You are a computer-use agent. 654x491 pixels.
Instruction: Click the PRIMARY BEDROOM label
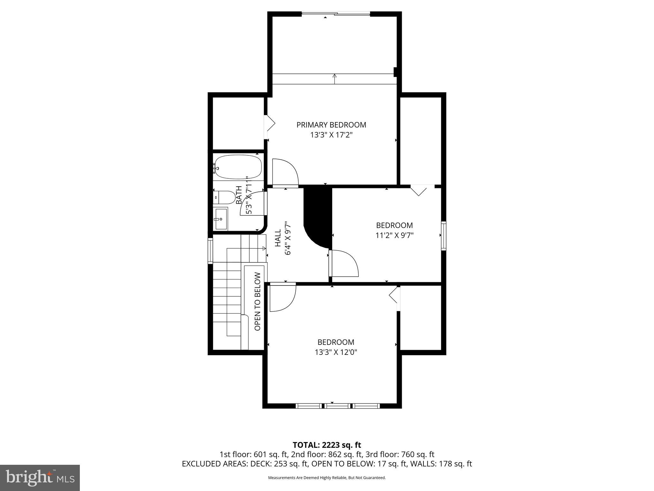click(331, 125)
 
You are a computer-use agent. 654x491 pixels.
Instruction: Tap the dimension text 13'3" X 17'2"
click(331, 135)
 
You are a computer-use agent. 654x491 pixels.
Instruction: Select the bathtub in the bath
click(238, 167)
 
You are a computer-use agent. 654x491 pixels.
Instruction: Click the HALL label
click(278, 238)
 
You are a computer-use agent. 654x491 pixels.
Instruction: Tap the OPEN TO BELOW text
click(258, 301)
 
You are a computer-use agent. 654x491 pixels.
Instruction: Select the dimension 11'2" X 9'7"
click(394, 236)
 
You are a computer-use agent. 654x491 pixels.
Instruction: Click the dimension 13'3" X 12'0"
click(336, 352)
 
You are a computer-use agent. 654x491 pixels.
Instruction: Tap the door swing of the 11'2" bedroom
click(344, 263)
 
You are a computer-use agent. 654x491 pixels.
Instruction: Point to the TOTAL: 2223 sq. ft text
click(327, 445)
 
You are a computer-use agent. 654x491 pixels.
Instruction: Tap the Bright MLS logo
click(40, 478)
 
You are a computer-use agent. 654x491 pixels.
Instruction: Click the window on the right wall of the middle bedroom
click(444, 235)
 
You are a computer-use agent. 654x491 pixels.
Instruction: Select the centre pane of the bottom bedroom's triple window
click(338, 406)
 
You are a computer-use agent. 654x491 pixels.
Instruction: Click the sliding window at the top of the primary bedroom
click(336, 14)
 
